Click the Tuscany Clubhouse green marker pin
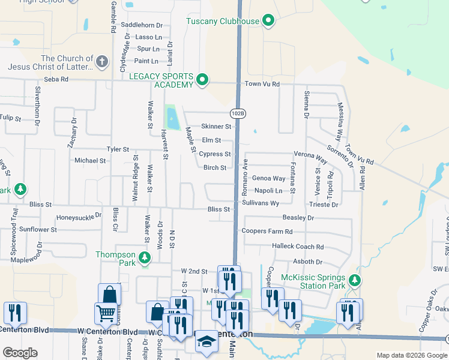268,22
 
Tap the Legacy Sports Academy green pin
203,79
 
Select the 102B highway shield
238,113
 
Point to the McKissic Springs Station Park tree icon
355,280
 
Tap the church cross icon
102,62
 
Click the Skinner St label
216,127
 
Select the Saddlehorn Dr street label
142,25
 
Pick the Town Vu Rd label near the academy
262,85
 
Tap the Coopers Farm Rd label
267,231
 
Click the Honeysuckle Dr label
79,217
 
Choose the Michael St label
90,161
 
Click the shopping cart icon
106,312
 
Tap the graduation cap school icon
207,343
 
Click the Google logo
20,353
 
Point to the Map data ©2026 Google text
411,355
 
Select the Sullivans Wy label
261,203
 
